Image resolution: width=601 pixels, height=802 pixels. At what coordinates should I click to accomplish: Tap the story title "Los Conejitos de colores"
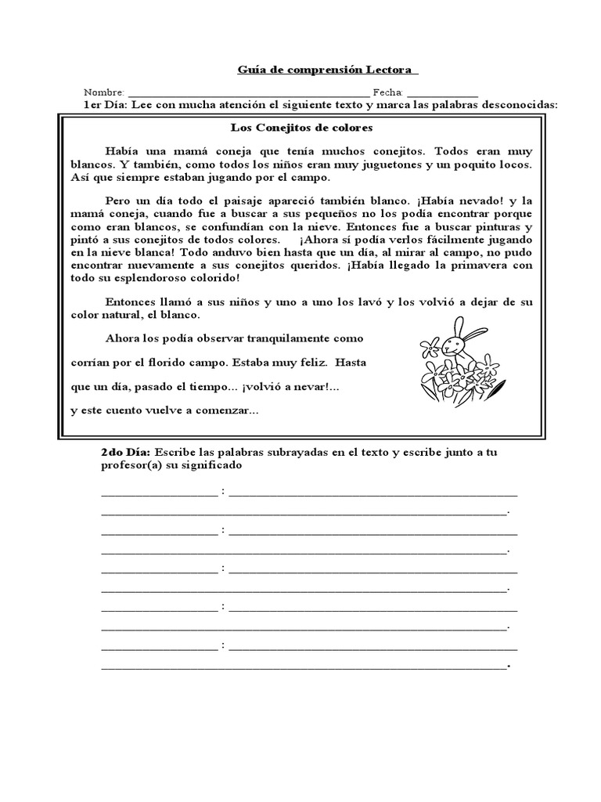pos(300,127)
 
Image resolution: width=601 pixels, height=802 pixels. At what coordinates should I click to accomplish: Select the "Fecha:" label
pos(387,92)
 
